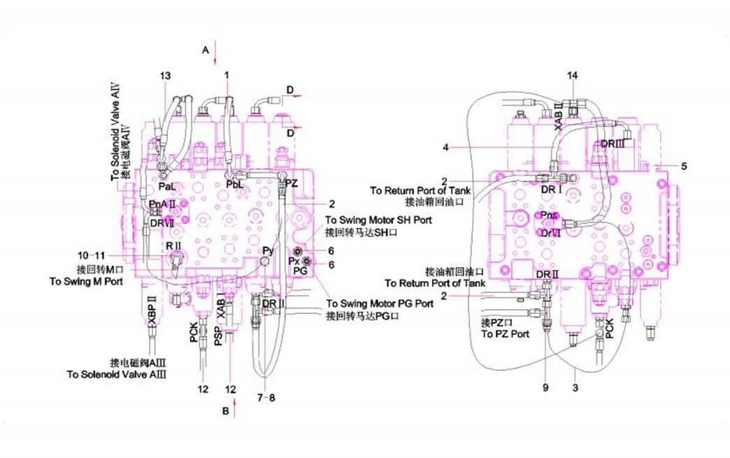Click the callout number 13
165,76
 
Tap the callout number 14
573,75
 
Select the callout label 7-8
266,397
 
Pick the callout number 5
684,166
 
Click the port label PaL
166,187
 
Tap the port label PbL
235,184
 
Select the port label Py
268,250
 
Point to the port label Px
294,260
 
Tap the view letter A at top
206,50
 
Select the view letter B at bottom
225,411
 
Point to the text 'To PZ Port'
505,335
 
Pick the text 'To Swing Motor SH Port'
378,220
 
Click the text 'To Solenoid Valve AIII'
121,374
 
